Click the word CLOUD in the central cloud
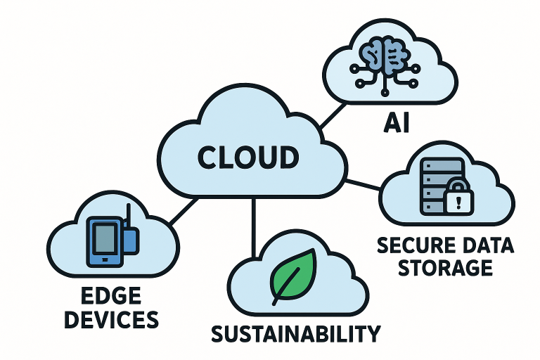coord(248,157)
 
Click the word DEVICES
coord(108,320)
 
